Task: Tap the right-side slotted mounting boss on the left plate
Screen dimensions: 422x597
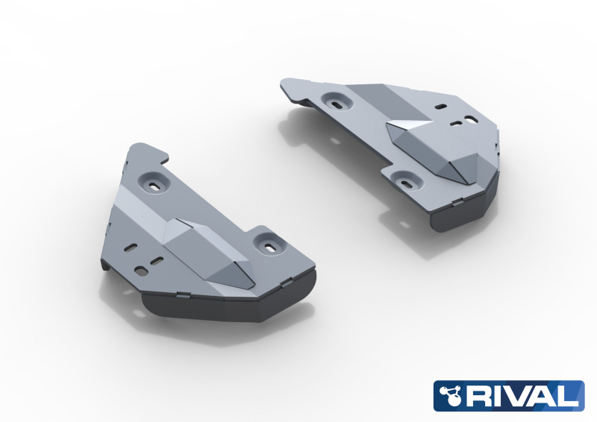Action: point(269,242)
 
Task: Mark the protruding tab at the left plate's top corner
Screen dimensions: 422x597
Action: point(146,150)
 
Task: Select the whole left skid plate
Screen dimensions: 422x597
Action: point(209,239)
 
